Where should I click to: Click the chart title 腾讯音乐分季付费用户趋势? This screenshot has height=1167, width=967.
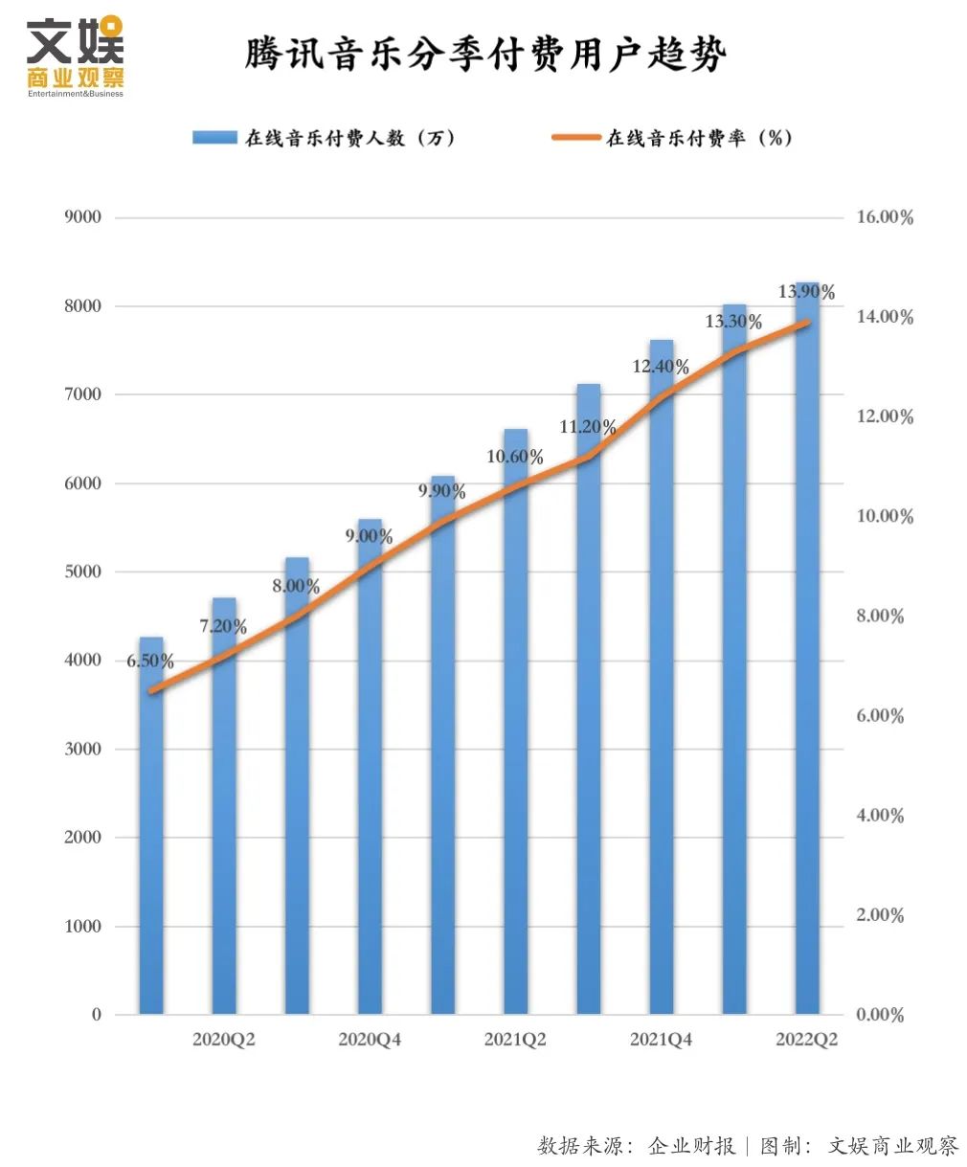(485, 54)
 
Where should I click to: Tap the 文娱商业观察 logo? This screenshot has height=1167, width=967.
(76, 56)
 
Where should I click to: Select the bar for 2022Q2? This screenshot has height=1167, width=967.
(807, 670)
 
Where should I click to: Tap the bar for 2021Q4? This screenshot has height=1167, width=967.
(662, 689)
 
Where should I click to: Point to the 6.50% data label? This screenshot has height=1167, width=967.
(150, 662)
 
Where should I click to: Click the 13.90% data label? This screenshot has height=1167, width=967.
(806, 292)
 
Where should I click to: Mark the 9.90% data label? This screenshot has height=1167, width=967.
(442, 492)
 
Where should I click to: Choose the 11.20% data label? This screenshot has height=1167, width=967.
(588, 427)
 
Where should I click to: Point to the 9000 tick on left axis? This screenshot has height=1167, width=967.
(82, 217)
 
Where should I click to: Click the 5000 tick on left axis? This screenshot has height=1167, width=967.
(82, 572)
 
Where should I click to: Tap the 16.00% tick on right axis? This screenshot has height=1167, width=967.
(885, 217)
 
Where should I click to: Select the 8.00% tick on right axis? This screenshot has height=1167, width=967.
(880, 616)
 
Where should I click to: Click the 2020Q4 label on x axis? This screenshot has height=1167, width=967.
(370, 1040)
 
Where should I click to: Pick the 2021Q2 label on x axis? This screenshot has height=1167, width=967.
(515, 1040)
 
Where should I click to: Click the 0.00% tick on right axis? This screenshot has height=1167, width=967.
(880, 1015)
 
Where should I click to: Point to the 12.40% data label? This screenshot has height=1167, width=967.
(661, 367)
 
